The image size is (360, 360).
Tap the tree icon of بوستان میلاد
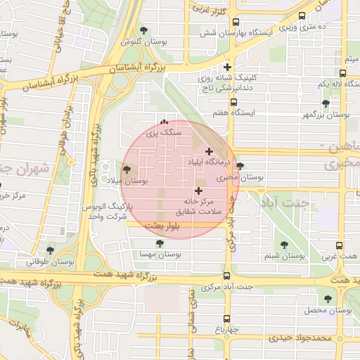tap(127, 169)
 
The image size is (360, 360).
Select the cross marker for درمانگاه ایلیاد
tap(209, 151)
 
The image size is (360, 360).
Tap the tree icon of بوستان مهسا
tap(160, 243)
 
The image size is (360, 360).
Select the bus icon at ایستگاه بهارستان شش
tap(236, 22)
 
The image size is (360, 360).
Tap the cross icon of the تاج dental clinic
tap(227, 67)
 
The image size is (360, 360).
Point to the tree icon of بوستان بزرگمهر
tap(326, 103)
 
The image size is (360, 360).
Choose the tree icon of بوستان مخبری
tap(240, 166)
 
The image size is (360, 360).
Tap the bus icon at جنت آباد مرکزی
tap(226, 276)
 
